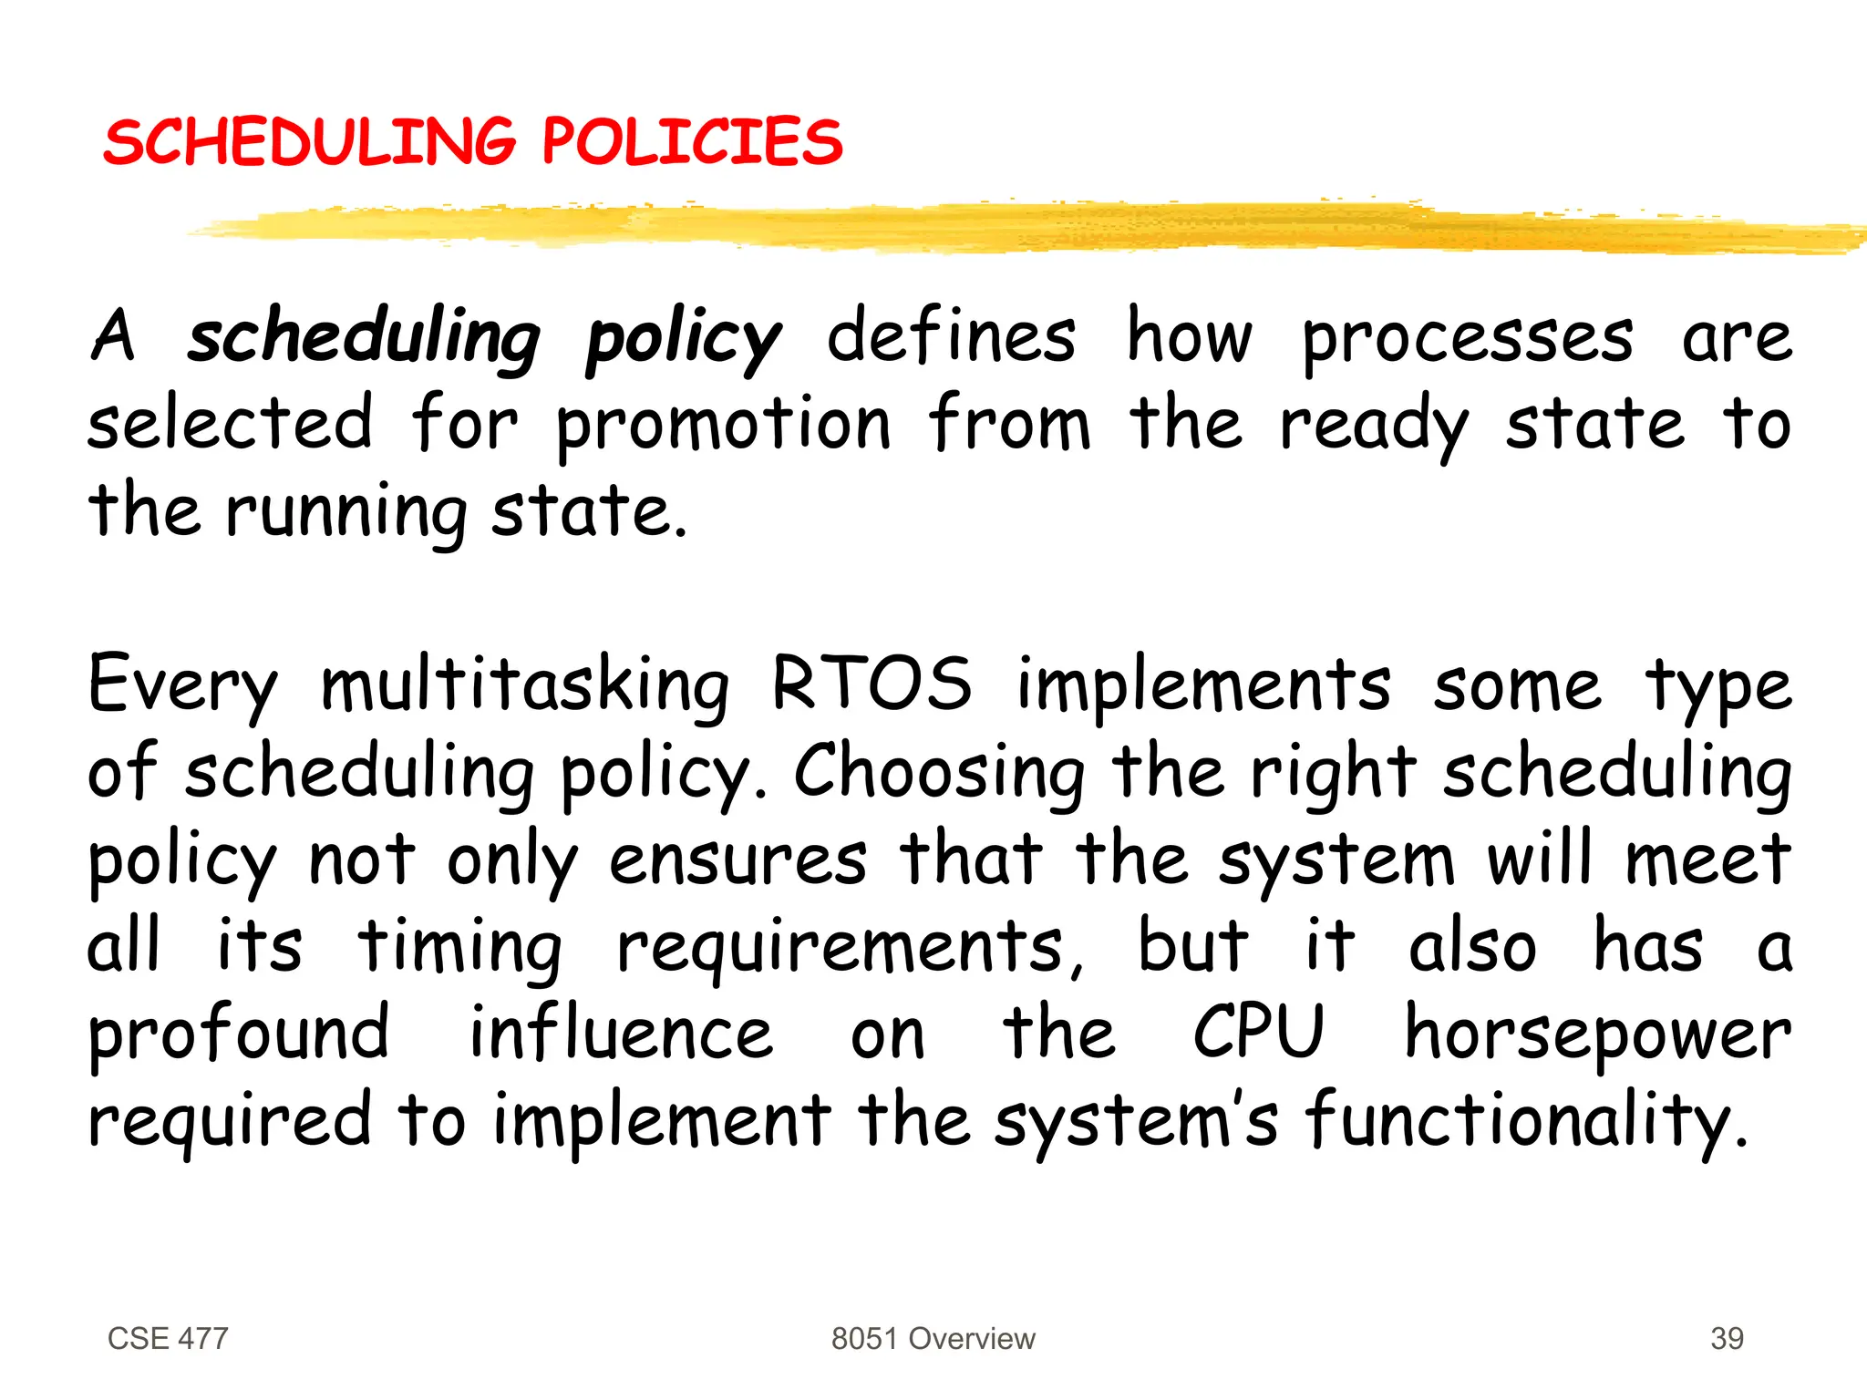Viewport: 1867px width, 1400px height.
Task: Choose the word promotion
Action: (x=723, y=425)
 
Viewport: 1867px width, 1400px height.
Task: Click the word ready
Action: (x=1374, y=425)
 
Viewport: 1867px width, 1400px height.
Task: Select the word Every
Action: (x=182, y=685)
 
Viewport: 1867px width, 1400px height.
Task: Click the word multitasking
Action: (x=525, y=685)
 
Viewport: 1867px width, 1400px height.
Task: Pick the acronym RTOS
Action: (x=872, y=684)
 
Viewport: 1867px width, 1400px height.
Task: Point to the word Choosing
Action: (x=940, y=773)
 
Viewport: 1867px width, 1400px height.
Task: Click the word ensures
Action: (x=738, y=860)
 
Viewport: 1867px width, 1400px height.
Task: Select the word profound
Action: (x=239, y=1034)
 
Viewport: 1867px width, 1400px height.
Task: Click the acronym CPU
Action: (x=1258, y=1032)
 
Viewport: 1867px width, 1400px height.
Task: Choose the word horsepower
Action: (x=1598, y=1035)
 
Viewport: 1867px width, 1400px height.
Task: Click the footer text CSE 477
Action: (x=168, y=1338)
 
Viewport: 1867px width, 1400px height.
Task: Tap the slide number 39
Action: (x=1727, y=1338)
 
